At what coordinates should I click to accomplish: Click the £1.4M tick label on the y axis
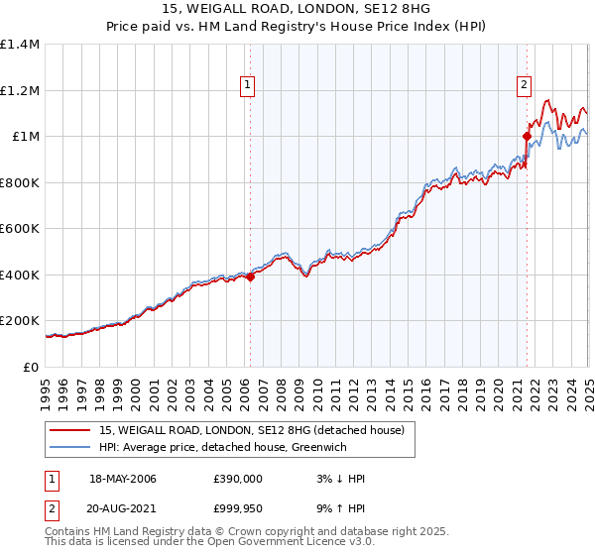click(x=20, y=45)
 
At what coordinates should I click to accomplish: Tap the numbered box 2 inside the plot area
click(x=523, y=85)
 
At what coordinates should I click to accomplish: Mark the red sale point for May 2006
click(x=251, y=277)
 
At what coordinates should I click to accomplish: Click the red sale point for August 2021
click(x=527, y=137)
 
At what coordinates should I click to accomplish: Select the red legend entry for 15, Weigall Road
click(x=251, y=431)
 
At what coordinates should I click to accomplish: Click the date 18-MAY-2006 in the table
click(x=123, y=479)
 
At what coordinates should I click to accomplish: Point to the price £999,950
click(x=237, y=510)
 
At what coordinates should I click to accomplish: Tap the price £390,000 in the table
click(x=237, y=479)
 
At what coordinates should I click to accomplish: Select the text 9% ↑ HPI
click(x=336, y=510)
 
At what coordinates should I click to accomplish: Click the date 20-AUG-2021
click(x=123, y=510)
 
